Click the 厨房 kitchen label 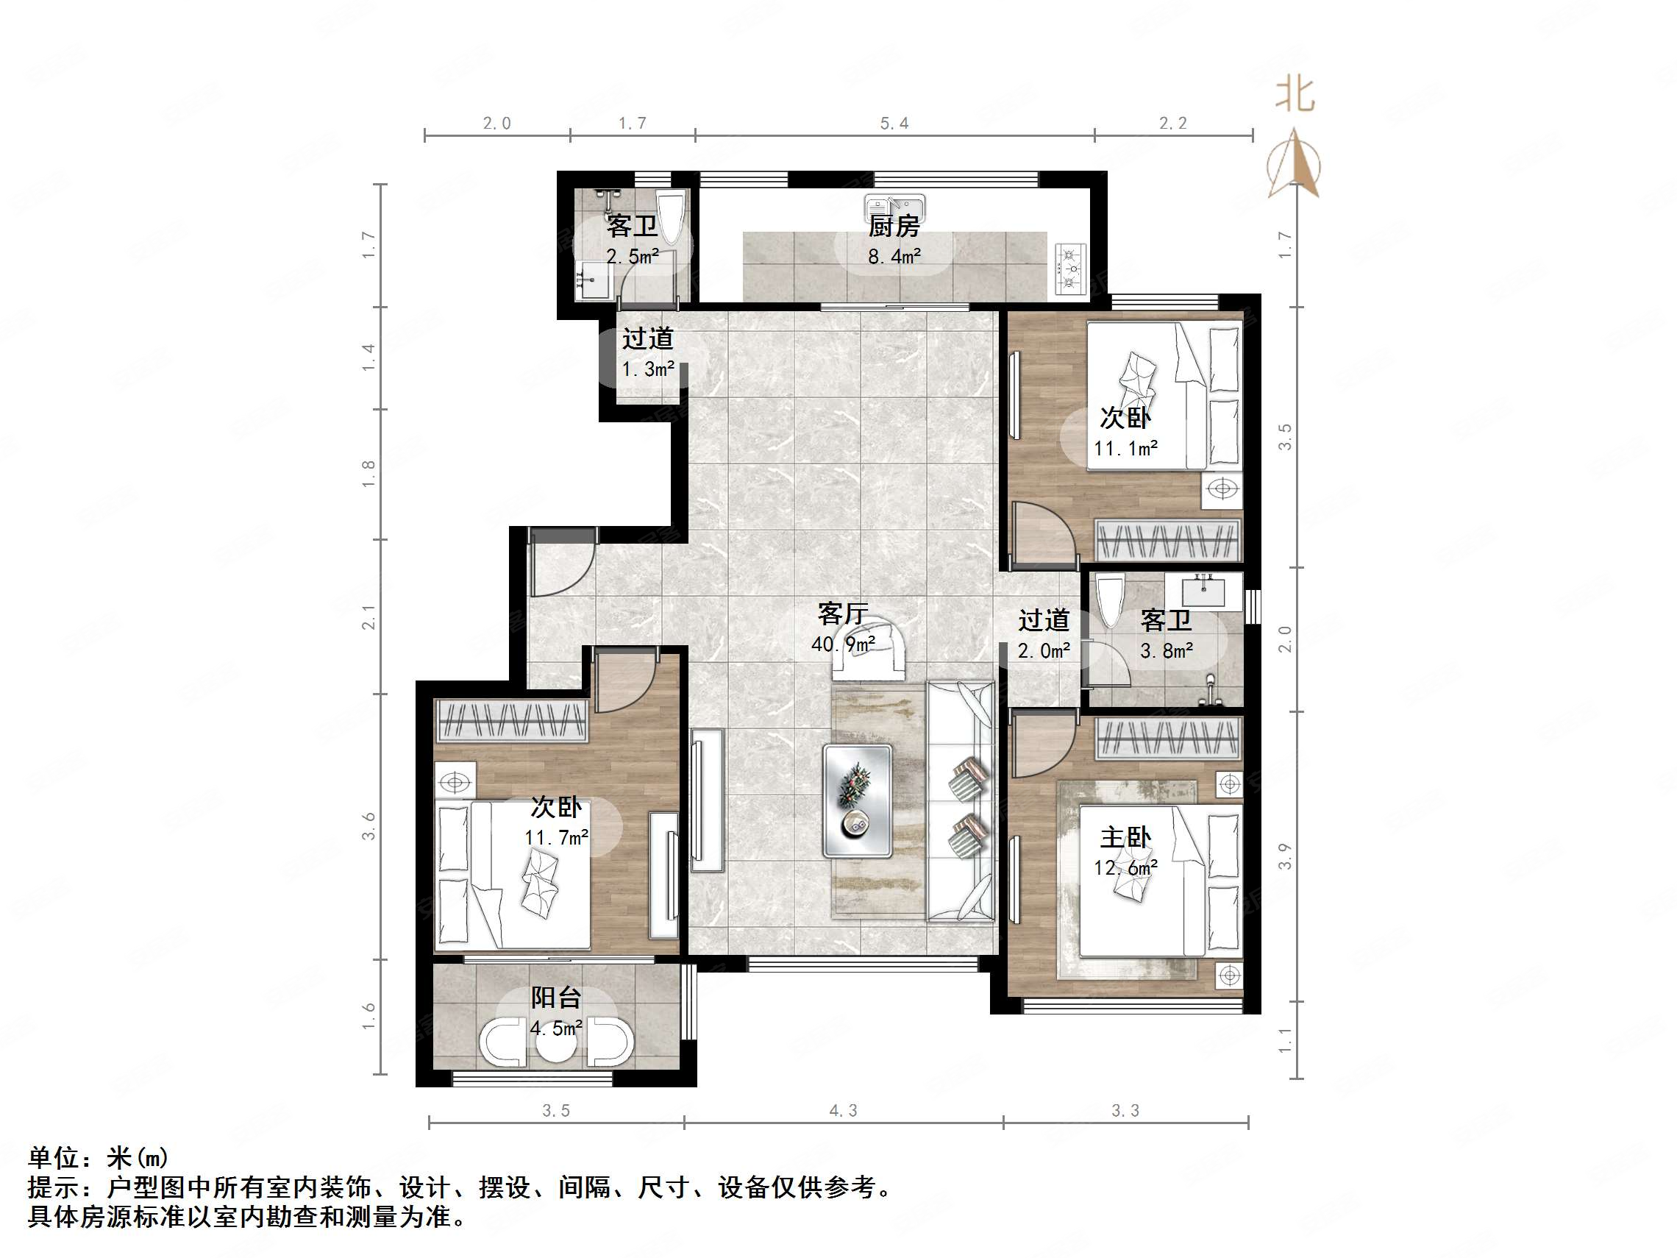894,225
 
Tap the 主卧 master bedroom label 1125,837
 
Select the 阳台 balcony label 556,997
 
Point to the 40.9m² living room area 843,644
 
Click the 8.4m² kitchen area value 894,256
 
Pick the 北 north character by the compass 1295,95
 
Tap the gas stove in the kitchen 1071,269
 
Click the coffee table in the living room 857,800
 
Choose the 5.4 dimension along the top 894,124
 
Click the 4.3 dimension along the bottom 843,1111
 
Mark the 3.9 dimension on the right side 1284,856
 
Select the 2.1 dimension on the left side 369,616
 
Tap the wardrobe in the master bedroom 1167,738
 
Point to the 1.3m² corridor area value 648,369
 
